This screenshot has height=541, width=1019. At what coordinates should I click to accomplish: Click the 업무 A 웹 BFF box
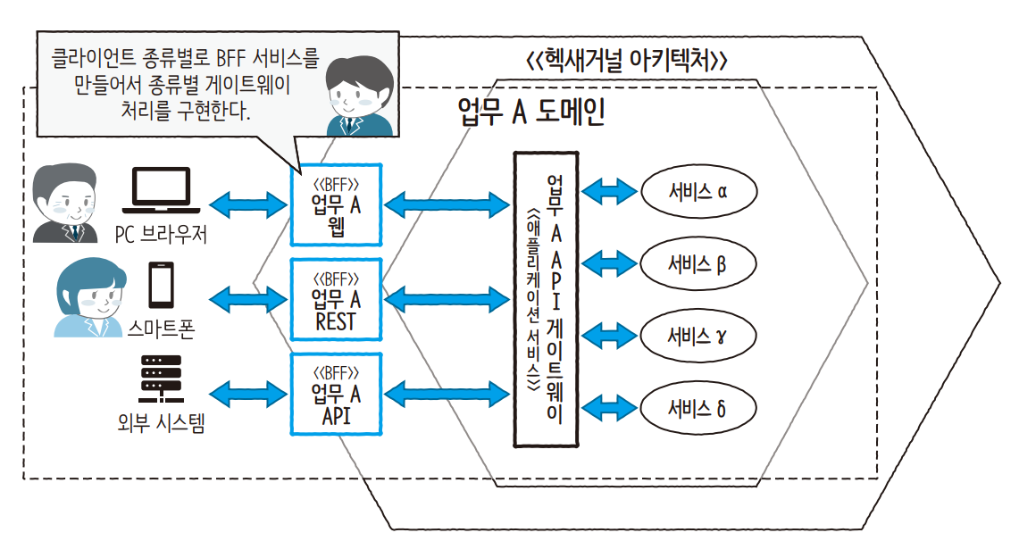click(337, 204)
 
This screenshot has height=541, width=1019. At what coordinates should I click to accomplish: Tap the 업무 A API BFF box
click(337, 394)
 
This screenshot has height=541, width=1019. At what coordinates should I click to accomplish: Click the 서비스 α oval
click(698, 191)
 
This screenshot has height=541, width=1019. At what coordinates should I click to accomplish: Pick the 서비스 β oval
click(698, 263)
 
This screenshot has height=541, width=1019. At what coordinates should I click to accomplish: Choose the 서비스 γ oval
click(698, 336)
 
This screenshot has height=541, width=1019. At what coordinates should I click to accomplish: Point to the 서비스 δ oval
click(698, 408)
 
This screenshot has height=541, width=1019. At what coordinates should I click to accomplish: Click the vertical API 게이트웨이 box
click(546, 300)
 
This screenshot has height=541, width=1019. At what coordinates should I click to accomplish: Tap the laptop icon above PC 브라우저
click(162, 191)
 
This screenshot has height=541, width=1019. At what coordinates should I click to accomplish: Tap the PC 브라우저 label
click(162, 235)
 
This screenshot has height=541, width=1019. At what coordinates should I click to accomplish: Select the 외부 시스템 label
click(161, 424)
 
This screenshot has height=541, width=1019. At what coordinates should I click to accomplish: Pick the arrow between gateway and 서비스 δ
click(609, 408)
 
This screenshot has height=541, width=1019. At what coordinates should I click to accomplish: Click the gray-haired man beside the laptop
click(65, 204)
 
